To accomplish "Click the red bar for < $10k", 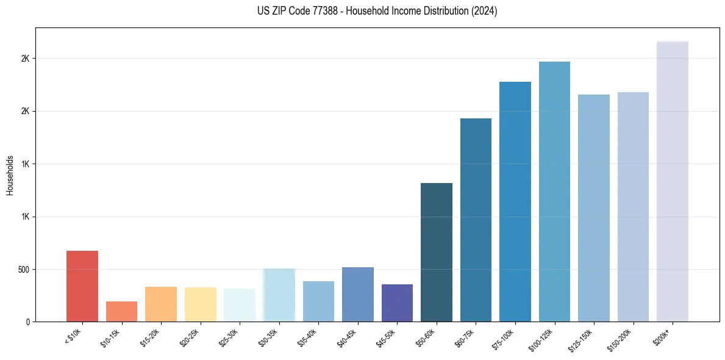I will click(x=82, y=286).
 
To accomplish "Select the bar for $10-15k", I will click(x=121, y=311).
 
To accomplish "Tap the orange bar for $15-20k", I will click(x=161, y=304).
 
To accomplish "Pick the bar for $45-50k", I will click(x=397, y=303).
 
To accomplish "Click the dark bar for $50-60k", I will click(x=437, y=252).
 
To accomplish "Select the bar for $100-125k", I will click(x=554, y=192).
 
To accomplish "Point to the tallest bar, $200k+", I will click(x=672, y=181).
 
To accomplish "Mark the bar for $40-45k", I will click(x=358, y=294).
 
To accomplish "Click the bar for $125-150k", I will click(x=594, y=208).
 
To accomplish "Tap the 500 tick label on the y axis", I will click(x=24, y=269).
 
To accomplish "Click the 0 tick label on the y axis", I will click(x=28, y=322).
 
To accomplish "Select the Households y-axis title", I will click(x=10, y=175).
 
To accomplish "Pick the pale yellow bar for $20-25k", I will click(x=201, y=304).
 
